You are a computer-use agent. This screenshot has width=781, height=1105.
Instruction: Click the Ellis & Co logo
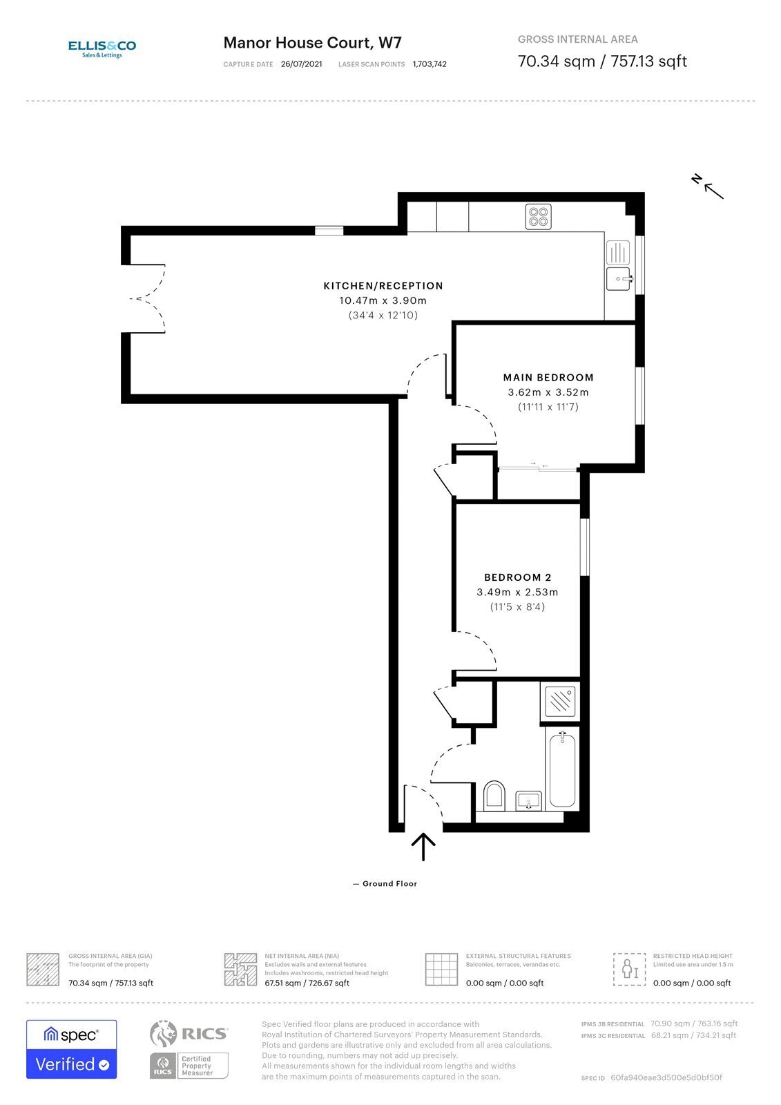pyautogui.click(x=102, y=48)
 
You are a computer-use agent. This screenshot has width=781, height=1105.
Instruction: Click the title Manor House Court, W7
pyautogui.click(x=312, y=43)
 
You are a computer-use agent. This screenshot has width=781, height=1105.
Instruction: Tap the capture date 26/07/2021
pyautogui.click(x=301, y=64)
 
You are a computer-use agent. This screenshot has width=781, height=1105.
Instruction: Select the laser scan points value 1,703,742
pyautogui.click(x=430, y=64)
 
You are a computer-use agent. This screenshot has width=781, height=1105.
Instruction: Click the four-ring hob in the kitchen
pyautogui.click(x=538, y=217)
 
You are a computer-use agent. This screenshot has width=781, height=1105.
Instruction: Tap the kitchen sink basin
pyautogui.click(x=618, y=279)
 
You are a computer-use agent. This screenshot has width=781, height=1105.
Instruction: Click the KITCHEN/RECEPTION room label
pyautogui.click(x=383, y=286)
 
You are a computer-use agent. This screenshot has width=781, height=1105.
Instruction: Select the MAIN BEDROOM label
pyautogui.click(x=548, y=378)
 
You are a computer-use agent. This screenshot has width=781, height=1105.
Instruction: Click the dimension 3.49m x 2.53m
pyautogui.click(x=517, y=593)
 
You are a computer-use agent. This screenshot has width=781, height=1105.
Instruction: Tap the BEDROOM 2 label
pyautogui.click(x=517, y=577)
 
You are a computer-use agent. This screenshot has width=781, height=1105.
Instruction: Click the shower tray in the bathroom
pyautogui.click(x=560, y=702)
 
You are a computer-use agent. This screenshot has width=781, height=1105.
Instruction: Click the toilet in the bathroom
pyautogui.click(x=494, y=796)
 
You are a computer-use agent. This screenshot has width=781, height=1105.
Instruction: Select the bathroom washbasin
pyautogui.click(x=530, y=801)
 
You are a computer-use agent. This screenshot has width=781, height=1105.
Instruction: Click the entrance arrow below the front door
pyautogui.click(x=423, y=847)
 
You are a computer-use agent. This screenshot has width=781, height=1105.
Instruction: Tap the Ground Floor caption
pyautogui.click(x=389, y=884)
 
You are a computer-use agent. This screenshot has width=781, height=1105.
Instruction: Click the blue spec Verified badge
pyautogui.click(x=72, y=1049)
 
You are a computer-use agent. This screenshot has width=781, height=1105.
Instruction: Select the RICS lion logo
pyautogui.click(x=164, y=1033)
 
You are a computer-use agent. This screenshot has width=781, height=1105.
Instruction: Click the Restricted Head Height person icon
pyautogui.click(x=629, y=969)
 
